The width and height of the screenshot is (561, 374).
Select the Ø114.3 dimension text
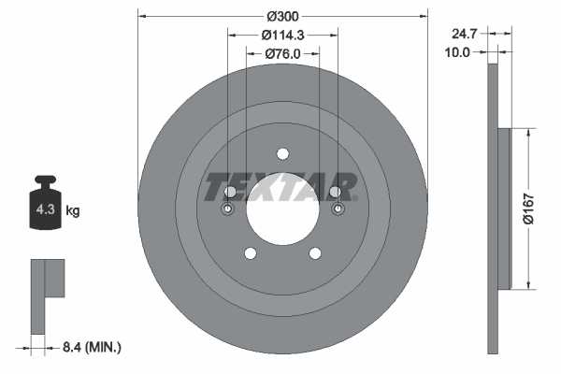point(281,35)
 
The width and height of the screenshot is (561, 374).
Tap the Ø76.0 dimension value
point(281,53)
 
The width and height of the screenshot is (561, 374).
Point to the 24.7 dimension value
point(464,33)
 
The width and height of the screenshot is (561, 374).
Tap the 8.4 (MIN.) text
point(90,347)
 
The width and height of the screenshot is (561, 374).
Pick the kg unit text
point(73,210)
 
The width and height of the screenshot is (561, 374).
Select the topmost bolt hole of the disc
point(282,155)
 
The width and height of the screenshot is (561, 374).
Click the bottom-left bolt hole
point(250,252)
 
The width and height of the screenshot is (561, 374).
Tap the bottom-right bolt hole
point(314,252)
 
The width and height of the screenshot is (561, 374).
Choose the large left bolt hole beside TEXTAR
point(230,192)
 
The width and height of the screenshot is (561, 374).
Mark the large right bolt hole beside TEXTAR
point(335,192)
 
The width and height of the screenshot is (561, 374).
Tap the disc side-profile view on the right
point(498,208)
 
